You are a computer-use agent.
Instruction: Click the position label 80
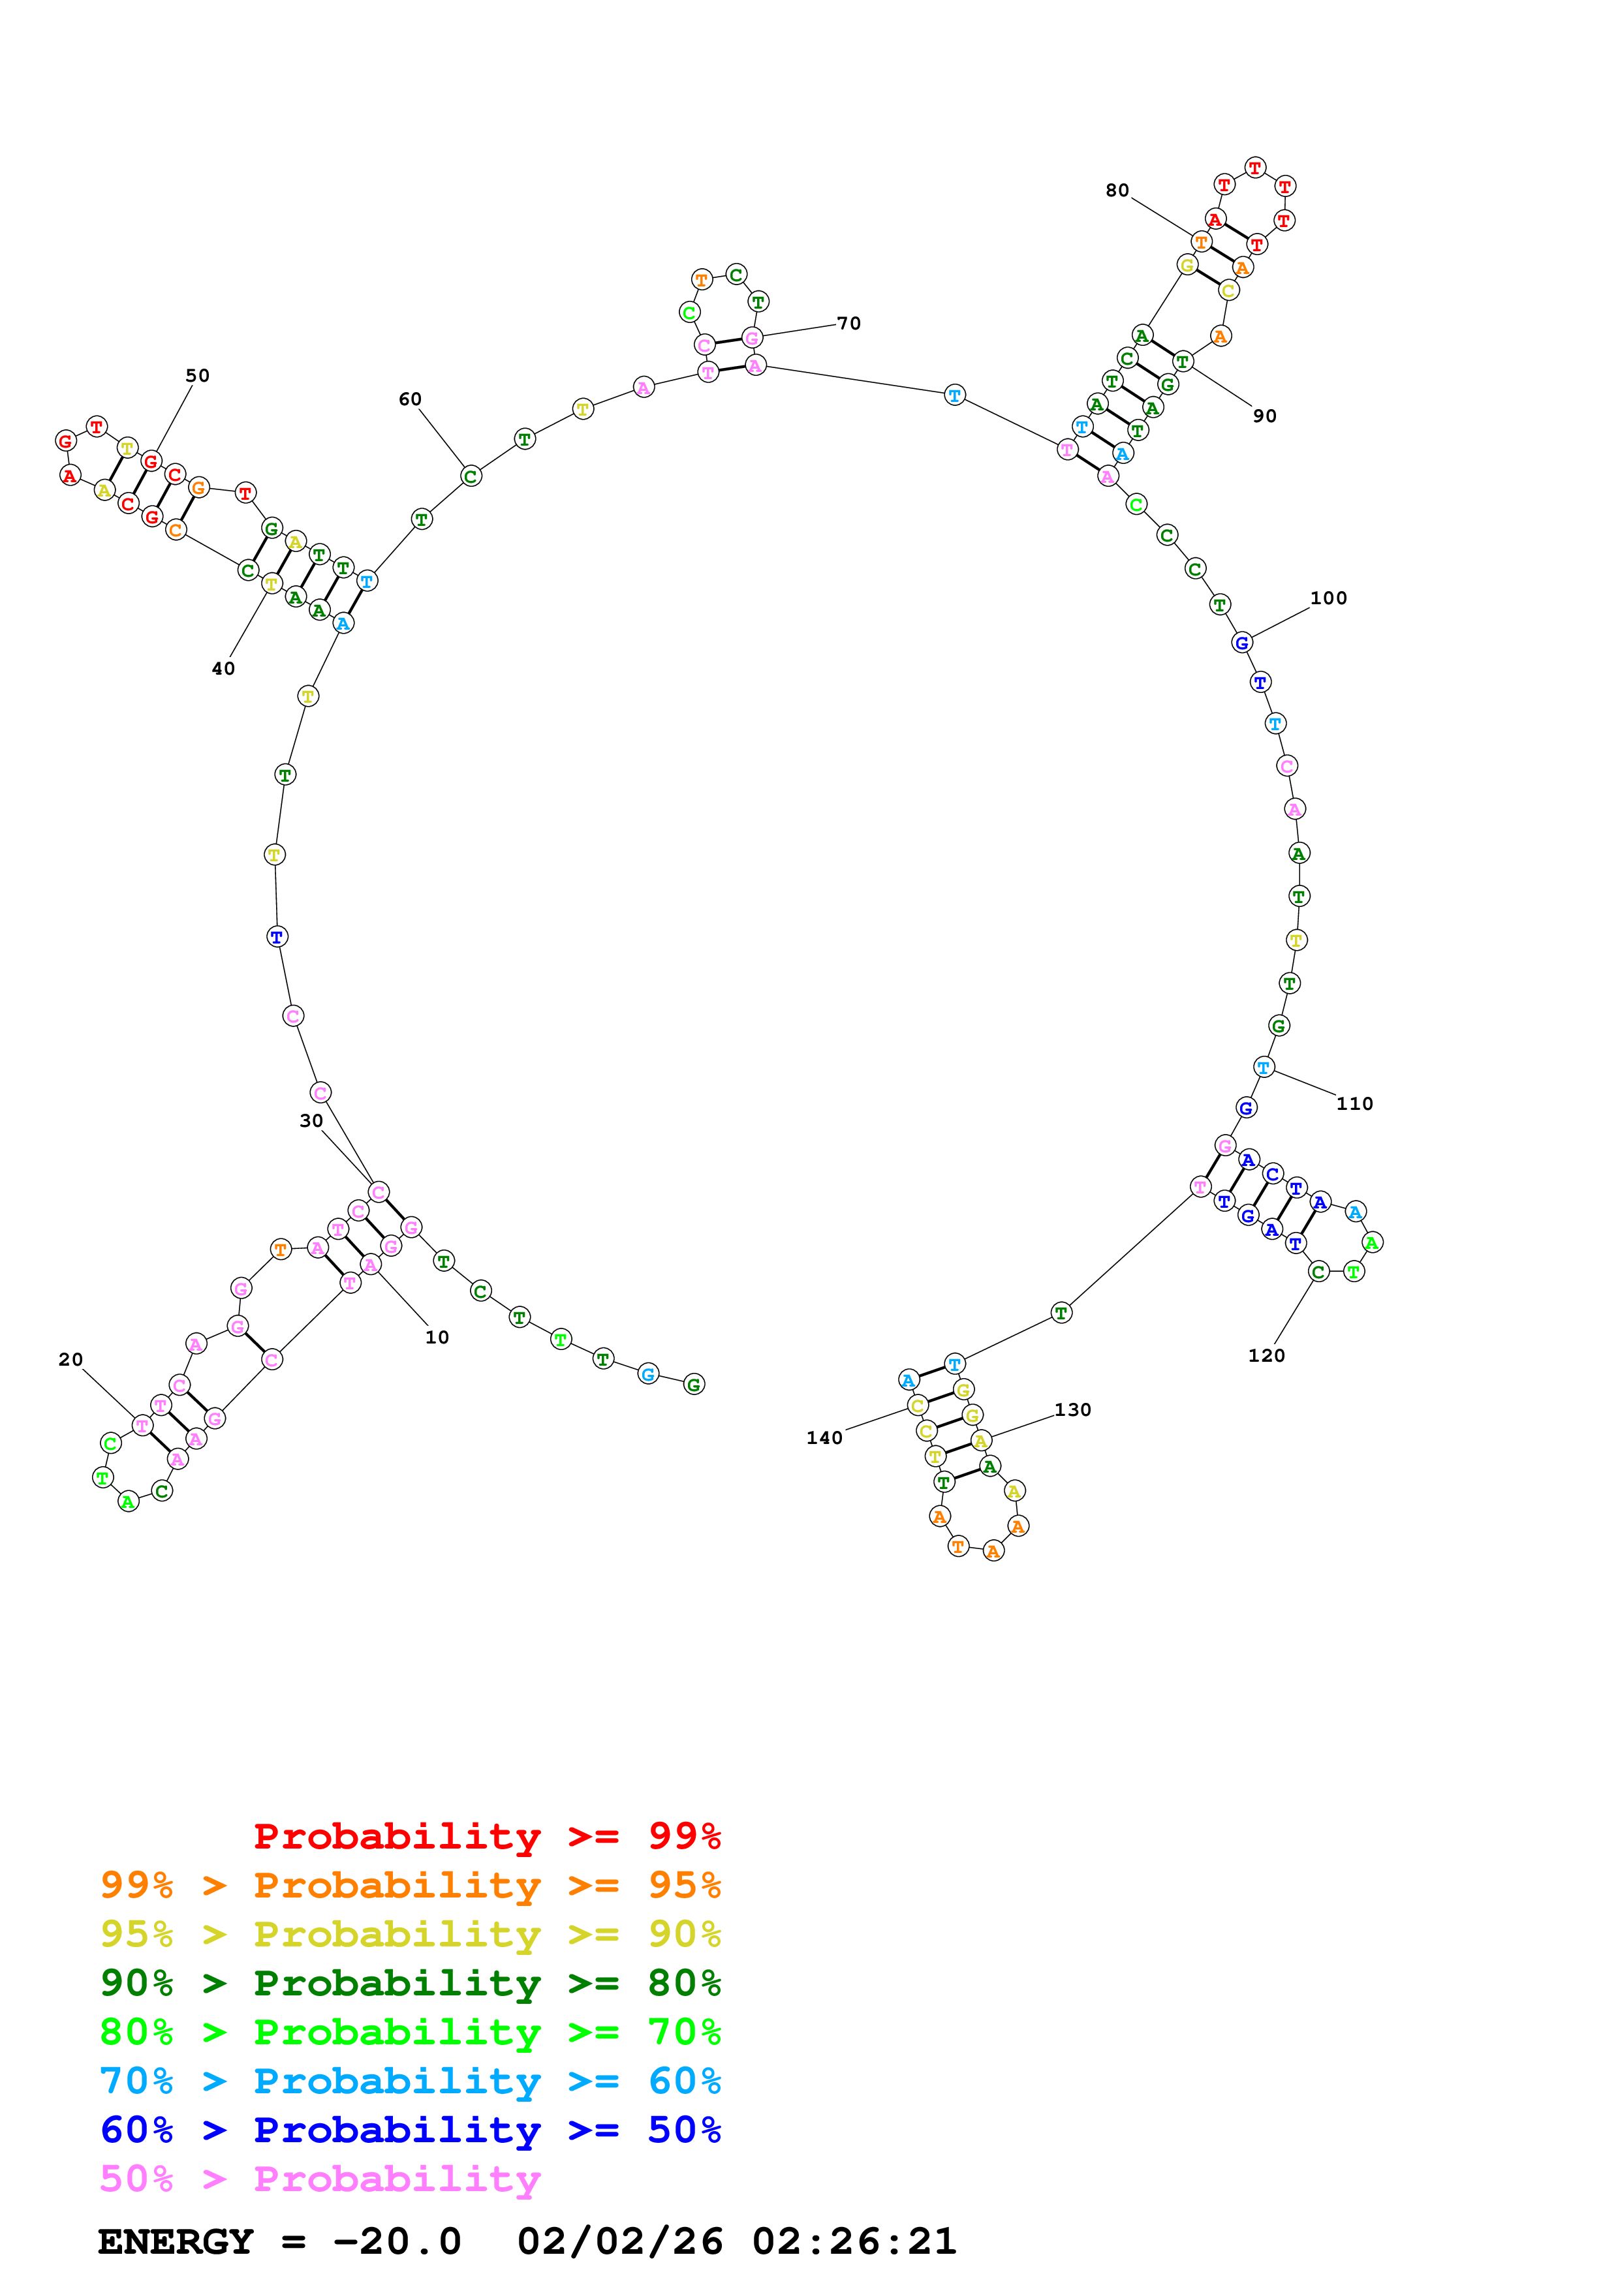pos(1117,191)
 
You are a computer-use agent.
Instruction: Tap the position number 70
pos(848,323)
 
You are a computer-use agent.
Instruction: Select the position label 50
pos(197,376)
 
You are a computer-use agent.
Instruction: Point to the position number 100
pos(1328,598)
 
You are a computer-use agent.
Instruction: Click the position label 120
pos(1266,1355)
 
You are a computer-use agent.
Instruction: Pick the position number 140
pos(824,1437)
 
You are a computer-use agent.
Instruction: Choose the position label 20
pos(70,1360)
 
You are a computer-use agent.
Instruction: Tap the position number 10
pos(437,1338)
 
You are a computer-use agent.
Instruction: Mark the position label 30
pos(311,1120)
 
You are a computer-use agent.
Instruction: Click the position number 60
pos(410,399)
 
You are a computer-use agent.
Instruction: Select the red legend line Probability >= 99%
pos(486,1836)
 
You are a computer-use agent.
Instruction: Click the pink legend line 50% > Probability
pos(320,2179)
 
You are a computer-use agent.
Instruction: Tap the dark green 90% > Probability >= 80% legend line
pos(411,1983)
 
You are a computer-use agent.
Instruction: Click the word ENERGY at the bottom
pos(176,2241)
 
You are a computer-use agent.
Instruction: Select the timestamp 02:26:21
pos(854,2241)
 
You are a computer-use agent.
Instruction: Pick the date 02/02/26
pos(620,2241)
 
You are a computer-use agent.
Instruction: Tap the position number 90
pos(1264,416)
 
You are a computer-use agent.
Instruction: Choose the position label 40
pos(223,669)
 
